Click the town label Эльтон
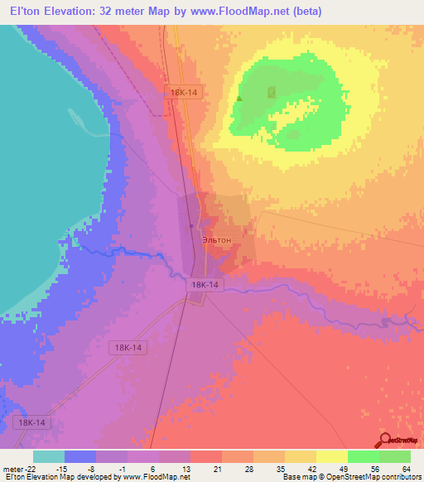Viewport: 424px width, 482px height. (217, 240)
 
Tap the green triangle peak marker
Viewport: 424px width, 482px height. (239, 99)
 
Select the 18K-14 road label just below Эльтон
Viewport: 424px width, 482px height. (205, 284)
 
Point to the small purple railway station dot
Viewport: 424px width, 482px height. (191, 224)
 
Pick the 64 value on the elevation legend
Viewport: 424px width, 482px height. (406, 469)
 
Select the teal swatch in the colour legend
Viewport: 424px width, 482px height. (49, 456)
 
